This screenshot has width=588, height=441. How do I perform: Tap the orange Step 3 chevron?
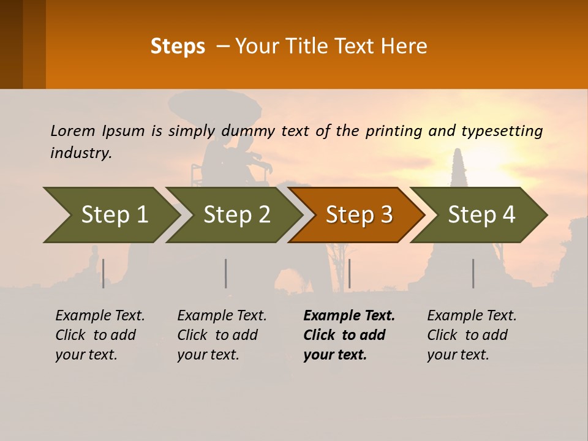pos(358,215)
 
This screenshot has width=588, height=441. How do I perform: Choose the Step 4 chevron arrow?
pos(480,215)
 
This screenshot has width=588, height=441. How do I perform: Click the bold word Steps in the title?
pos(178,46)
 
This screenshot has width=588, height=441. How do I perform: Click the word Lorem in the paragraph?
pos(73,130)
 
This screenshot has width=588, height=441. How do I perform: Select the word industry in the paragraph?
pos(80,153)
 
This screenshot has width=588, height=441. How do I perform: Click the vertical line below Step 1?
pos(104,273)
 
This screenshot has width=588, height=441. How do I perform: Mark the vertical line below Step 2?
pos(226,273)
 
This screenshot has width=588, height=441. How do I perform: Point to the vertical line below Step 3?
pos(349,273)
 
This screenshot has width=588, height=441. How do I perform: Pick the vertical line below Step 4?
pos(473,273)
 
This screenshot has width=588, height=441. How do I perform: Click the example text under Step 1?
pos(100,335)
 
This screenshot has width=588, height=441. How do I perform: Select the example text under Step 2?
pos(222,335)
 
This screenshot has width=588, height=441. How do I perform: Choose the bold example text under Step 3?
pos(349,335)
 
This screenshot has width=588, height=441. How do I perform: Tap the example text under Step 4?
pos(472,335)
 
